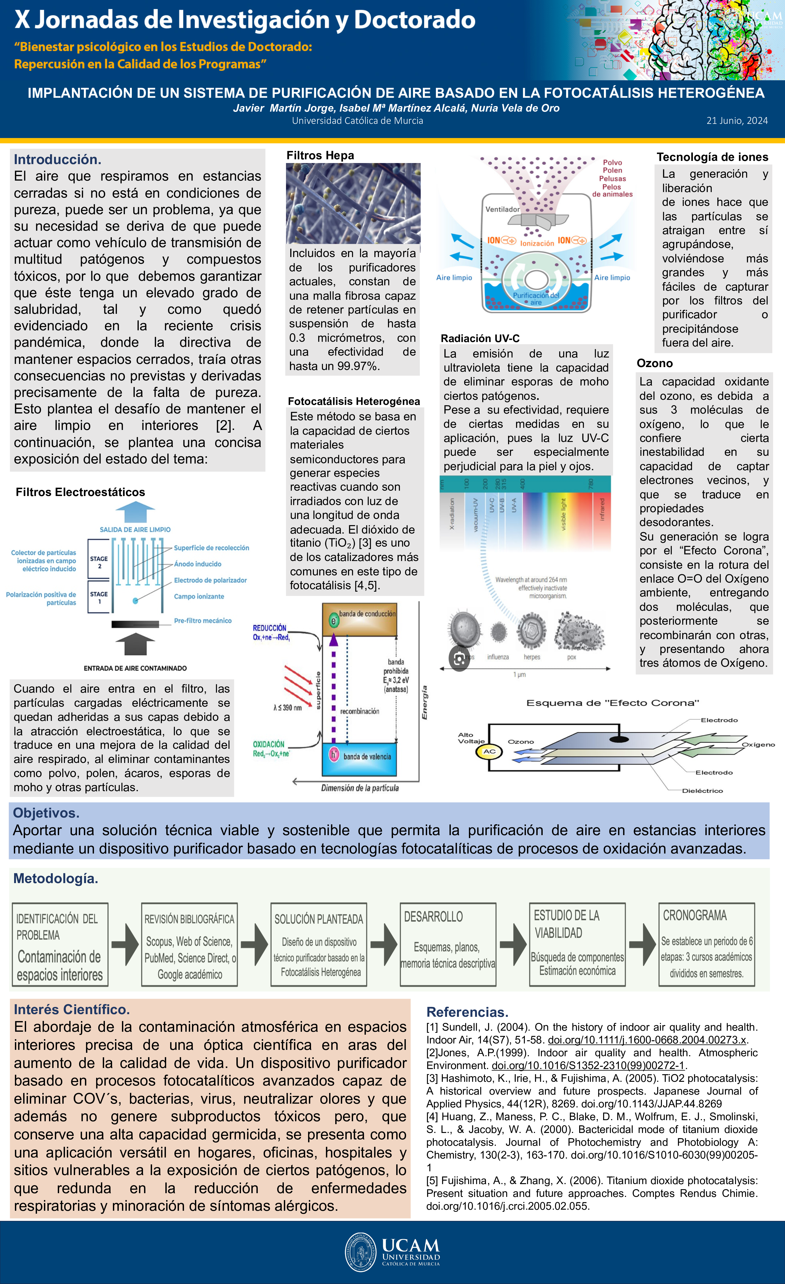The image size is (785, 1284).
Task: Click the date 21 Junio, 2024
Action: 737,120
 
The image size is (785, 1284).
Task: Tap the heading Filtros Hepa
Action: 320,155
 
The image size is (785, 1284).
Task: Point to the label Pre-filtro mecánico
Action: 203,621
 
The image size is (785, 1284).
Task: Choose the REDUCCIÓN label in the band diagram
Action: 269,628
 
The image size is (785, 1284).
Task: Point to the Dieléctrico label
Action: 702,791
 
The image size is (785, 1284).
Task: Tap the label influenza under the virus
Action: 498,657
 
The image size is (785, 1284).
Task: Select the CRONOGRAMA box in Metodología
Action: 706,944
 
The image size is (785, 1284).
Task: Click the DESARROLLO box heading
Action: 434,917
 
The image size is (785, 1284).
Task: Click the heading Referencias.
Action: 467,1012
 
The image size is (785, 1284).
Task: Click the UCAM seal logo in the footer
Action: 361,1252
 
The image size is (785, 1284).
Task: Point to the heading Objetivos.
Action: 46,813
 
